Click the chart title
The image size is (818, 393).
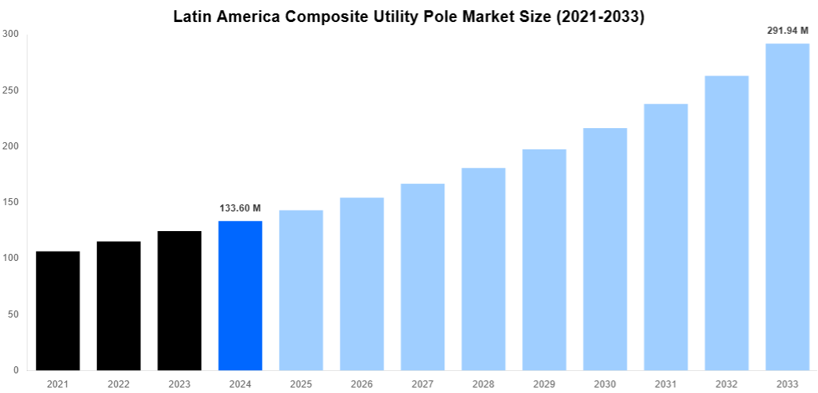coord(408,17)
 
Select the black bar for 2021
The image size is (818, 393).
coord(57,310)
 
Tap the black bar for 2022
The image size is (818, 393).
coord(119,306)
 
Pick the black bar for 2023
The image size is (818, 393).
coord(179,300)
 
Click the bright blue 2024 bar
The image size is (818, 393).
coord(240,296)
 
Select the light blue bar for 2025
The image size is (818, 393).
coord(300,290)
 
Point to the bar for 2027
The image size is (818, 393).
coord(422,277)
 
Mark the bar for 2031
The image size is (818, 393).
coord(665,237)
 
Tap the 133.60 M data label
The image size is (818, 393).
coord(240,208)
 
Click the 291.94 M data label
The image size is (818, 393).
coord(787,31)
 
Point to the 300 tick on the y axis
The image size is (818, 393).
coord(11,34)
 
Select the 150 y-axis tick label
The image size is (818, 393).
coord(11,202)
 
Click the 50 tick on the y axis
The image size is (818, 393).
coord(13,314)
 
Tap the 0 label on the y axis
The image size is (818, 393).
coord(17,370)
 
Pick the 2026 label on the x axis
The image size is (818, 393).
coord(362,384)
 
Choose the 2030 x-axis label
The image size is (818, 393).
coord(605,384)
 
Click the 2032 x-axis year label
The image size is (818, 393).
coord(726,384)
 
